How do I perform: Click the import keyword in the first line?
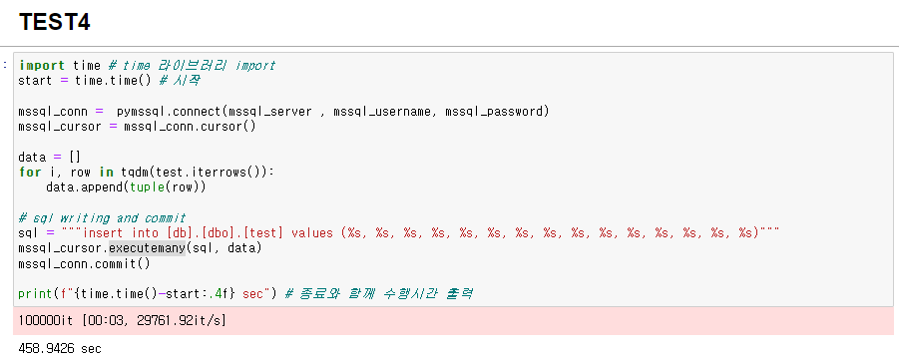tap(41, 66)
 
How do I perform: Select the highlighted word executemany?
tap(146, 247)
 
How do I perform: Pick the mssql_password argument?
tap(494, 111)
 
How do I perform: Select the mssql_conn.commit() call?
tap(84, 263)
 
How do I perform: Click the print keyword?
tap(37, 293)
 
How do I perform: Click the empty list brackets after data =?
tap(73, 157)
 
